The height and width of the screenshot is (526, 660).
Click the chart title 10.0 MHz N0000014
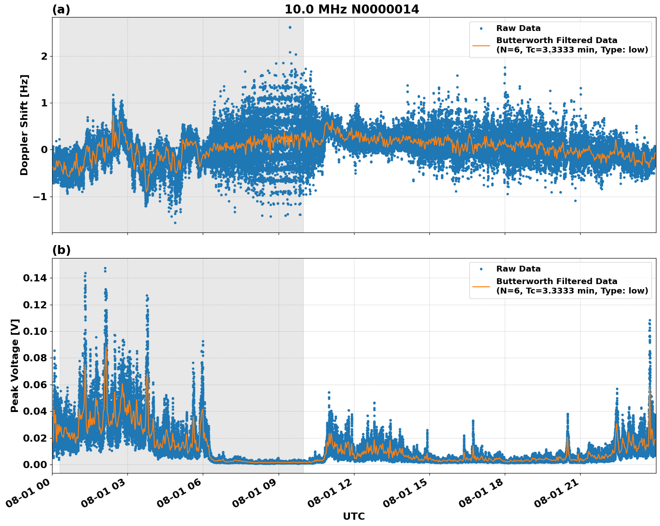tap(352, 9)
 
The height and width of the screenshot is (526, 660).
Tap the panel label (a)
tap(61, 9)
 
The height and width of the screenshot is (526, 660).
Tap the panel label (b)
tap(61, 250)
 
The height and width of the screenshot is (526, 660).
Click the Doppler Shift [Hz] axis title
tap(24, 125)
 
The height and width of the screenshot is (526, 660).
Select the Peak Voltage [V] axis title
tap(15, 365)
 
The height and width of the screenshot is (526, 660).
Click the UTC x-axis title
tap(354, 516)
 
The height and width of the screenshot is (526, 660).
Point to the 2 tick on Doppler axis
tap(44, 56)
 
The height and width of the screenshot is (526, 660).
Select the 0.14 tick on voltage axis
tap(35, 278)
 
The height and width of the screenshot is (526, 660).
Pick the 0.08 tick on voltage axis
tap(35, 358)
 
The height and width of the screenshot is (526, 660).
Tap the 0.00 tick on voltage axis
tap(35, 465)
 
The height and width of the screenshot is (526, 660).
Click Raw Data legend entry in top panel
tap(518, 28)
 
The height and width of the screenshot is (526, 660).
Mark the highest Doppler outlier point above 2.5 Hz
tap(290, 27)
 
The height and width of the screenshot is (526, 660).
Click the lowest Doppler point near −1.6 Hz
tap(175, 223)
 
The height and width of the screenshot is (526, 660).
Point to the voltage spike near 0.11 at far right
tap(649, 320)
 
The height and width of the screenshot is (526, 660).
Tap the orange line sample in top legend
tap(481, 45)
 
